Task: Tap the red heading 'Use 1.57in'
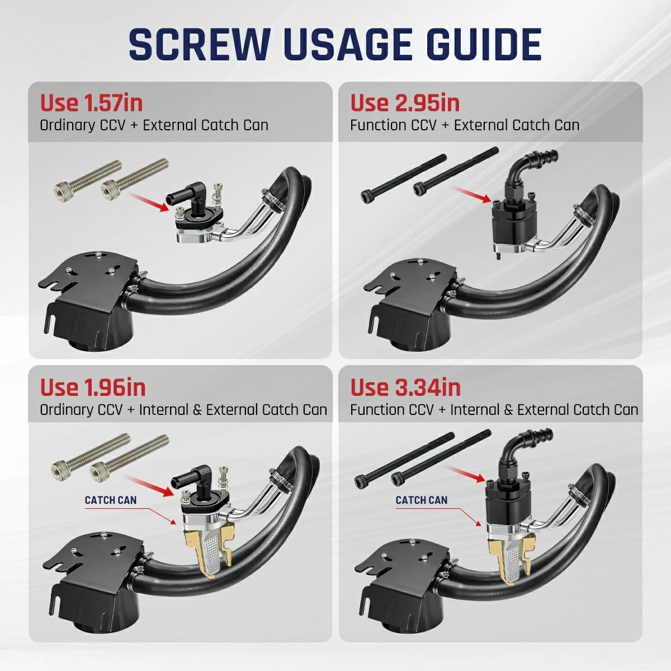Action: [x=91, y=103]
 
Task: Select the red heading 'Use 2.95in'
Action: [x=405, y=103]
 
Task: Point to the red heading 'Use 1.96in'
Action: [x=93, y=387]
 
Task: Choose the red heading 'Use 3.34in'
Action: [x=405, y=387]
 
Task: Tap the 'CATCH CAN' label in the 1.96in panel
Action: [x=110, y=500]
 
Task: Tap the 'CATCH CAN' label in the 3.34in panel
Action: [x=421, y=500]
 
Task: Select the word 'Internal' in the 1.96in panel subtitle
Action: [x=163, y=410]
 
